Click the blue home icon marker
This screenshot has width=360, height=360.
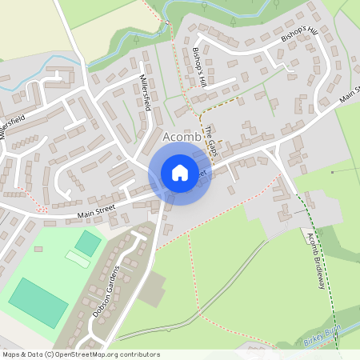179,172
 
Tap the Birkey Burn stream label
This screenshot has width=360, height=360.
322,340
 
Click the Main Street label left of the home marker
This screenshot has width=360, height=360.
97,212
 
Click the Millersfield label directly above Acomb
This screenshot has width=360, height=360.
146,93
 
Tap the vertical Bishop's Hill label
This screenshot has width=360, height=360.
199,67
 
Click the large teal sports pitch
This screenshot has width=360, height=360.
38,302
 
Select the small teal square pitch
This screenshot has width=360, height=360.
88,242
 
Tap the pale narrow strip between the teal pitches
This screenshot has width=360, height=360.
78,259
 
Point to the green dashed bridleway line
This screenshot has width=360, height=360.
310,232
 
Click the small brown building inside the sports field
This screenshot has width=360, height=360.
38,249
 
